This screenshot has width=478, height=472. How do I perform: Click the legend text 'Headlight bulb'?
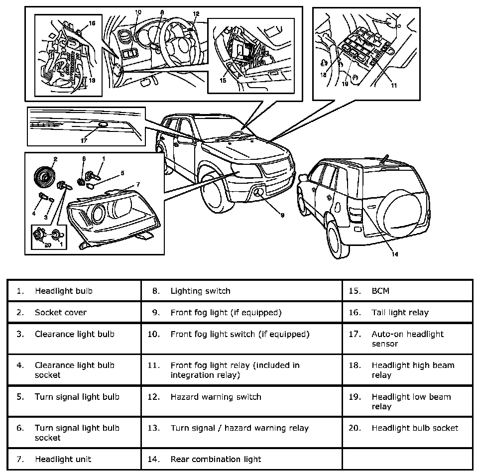[x=63, y=291]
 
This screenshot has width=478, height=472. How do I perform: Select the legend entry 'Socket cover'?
[x=60, y=313]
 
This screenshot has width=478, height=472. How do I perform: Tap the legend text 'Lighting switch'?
[x=200, y=291]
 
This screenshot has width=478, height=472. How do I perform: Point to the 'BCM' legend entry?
[x=380, y=291]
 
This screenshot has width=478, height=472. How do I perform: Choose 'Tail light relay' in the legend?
[x=400, y=313]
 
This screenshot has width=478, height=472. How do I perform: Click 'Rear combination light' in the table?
[x=216, y=459]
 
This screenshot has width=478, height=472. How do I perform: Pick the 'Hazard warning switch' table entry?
[x=216, y=397]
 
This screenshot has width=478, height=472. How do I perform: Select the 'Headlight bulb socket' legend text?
[x=415, y=428]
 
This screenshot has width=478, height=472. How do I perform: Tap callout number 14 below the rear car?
[x=394, y=254]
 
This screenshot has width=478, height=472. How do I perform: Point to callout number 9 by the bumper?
[x=282, y=215]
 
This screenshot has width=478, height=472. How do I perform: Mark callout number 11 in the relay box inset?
[x=393, y=85]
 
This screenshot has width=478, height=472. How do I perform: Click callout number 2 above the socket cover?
[x=55, y=159]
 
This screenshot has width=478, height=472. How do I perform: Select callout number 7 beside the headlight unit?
[x=138, y=184]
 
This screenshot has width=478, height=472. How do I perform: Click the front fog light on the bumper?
[x=258, y=194]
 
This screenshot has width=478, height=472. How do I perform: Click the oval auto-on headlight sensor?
[x=103, y=125]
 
